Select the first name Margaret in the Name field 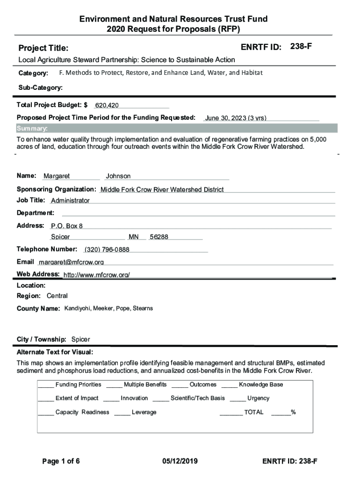point(57,176)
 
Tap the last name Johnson point(118,176)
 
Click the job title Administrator point(70,201)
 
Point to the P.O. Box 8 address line point(67,226)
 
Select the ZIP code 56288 point(159,237)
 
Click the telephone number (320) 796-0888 point(107,250)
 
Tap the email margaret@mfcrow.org point(71,262)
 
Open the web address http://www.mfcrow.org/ point(96,275)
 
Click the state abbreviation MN point(134,237)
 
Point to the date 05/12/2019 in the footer point(180,462)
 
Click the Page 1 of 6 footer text point(61,462)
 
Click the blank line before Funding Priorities point(46,385)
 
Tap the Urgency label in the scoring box point(258,399)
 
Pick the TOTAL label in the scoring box point(253,413)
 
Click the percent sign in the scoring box point(293,413)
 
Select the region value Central point(57,296)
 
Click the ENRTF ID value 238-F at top point(301,46)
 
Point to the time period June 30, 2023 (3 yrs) point(236,118)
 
